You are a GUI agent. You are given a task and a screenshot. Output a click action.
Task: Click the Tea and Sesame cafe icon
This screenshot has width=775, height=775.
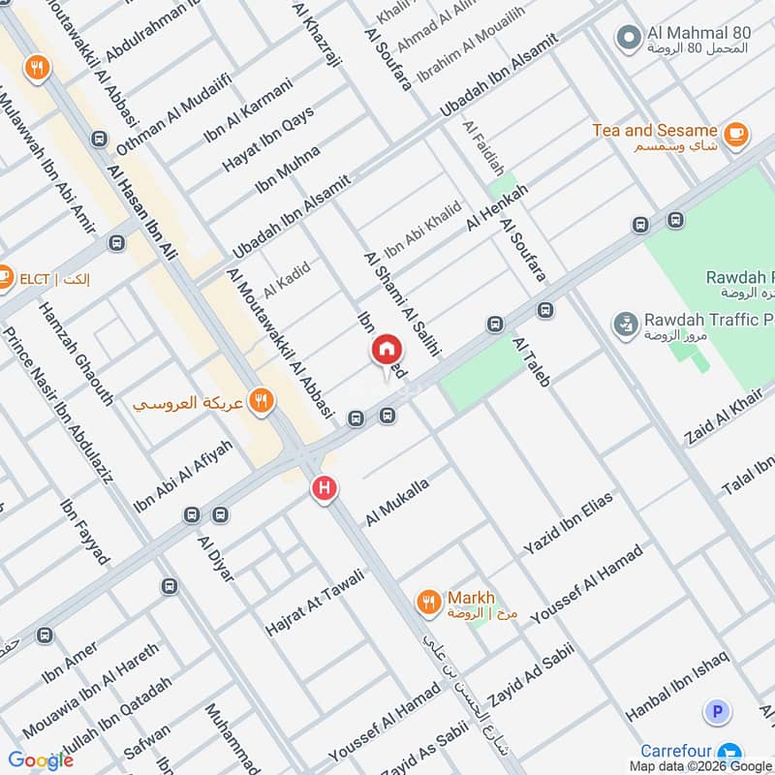(x=735, y=136)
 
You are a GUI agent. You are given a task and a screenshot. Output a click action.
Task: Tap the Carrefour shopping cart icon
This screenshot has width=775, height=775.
(x=731, y=751)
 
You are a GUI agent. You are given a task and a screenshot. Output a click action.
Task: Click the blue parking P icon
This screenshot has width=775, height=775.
(x=716, y=713)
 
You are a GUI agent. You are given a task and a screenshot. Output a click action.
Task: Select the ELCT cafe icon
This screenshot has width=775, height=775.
(x=4, y=278)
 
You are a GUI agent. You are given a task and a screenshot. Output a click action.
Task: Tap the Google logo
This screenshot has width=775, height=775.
(x=41, y=759)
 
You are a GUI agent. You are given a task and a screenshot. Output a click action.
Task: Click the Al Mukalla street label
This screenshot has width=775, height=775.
(x=396, y=501)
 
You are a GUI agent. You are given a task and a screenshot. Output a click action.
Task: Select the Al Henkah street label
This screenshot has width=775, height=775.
(x=497, y=206)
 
